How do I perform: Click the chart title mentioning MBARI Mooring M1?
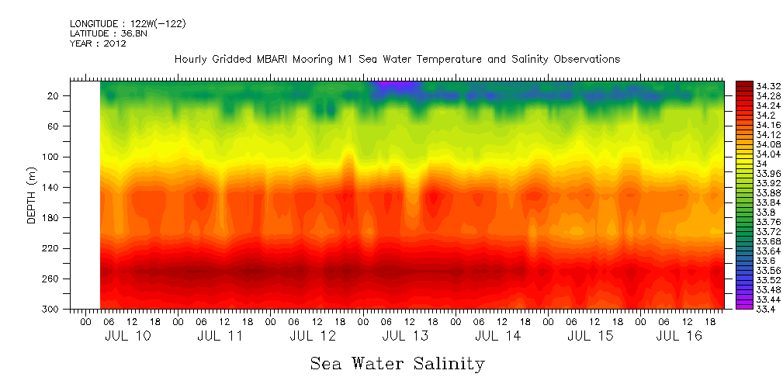pyautogui.click(x=397, y=59)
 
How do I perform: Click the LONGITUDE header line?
pyautogui.click(x=127, y=24)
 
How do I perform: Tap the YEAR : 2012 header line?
pyautogui.click(x=98, y=43)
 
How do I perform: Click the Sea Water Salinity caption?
pyautogui.click(x=397, y=364)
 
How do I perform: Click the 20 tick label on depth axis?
pyautogui.click(x=54, y=96)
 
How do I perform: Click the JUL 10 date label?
pyautogui.click(x=127, y=337)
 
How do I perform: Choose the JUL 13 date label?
pyautogui.click(x=405, y=337)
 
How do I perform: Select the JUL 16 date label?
pyautogui.click(x=680, y=337)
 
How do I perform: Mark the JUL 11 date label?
pyautogui.click(x=220, y=337)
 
